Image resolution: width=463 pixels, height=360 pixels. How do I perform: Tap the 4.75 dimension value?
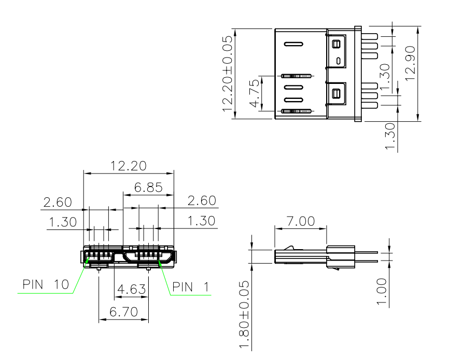click(x=255, y=94)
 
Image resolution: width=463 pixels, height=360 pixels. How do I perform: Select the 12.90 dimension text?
click(x=410, y=63)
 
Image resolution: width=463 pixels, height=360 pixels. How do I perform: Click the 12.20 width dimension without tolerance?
click(x=129, y=166)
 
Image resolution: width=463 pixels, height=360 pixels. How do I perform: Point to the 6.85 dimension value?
click(x=148, y=187)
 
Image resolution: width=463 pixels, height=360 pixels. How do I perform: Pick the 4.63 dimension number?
click(x=131, y=289)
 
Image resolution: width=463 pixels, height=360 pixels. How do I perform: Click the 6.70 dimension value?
click(x=124, y=312)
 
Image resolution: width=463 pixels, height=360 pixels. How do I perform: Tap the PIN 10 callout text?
click(x=46, y=284)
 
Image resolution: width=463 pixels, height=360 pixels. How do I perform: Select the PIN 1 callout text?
click(x=190, y=287)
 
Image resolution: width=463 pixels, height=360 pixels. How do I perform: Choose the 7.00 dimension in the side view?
click(x=301, y=221)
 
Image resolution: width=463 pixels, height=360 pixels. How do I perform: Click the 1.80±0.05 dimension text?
click(x=244, y=314)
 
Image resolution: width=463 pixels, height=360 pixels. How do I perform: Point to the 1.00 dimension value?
click(x=382, y=291)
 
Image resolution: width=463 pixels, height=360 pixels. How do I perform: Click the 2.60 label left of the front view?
click(x=58, y=203)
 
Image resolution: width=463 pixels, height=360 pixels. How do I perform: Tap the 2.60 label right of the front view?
click(x=202, y=200)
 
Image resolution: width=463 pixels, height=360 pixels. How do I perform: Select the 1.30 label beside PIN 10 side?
click(x=63, y=222)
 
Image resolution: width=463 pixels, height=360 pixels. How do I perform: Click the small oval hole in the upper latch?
click(x=339, y=61)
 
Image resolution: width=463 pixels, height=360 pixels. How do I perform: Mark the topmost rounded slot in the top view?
click(x=293, y=44)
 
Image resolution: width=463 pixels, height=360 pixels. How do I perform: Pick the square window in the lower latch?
click(x=336, y=94)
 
